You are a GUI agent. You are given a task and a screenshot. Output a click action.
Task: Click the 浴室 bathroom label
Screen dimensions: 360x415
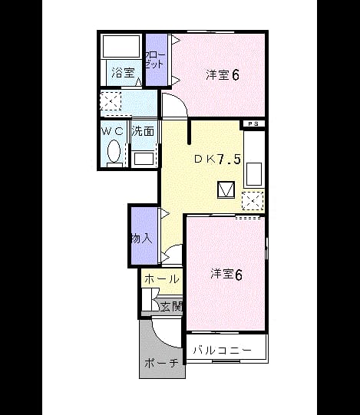click(123, 73)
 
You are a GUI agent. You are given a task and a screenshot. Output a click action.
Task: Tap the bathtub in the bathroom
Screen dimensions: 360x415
click(121, 45)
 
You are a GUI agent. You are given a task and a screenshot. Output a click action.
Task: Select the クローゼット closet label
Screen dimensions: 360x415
click(155, 60)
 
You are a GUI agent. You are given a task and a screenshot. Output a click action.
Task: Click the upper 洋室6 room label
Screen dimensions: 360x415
click(223, 75)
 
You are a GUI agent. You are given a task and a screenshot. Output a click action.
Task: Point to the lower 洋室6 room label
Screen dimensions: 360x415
click(226, 275)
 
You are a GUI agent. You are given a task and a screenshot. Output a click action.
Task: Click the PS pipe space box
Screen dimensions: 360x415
click(253, 124)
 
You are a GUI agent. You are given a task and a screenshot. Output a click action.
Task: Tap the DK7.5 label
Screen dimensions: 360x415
click(217, 159)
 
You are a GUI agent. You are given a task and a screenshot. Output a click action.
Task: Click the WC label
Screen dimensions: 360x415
click(113, 130)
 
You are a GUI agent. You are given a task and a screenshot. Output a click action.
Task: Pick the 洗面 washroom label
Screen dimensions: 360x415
click(143, 130)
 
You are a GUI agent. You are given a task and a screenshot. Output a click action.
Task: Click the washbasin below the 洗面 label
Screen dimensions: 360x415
click(144, 158)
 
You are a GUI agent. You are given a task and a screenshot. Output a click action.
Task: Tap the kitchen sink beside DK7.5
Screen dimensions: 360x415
click(254, 175)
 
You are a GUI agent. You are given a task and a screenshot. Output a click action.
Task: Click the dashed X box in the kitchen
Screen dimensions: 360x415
click(253, 201)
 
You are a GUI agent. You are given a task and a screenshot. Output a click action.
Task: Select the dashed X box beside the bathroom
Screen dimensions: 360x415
click(111, 101)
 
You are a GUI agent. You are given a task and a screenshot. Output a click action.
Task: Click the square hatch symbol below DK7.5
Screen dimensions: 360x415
click(226, 189)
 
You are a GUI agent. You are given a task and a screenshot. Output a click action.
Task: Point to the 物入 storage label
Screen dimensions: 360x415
click(142, 239)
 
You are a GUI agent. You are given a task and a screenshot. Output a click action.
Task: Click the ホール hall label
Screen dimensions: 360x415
click(162, 279)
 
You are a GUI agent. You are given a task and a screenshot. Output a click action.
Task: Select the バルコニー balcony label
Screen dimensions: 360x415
click(222, 350)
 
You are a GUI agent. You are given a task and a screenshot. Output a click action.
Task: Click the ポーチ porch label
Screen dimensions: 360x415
click(161, 363)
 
